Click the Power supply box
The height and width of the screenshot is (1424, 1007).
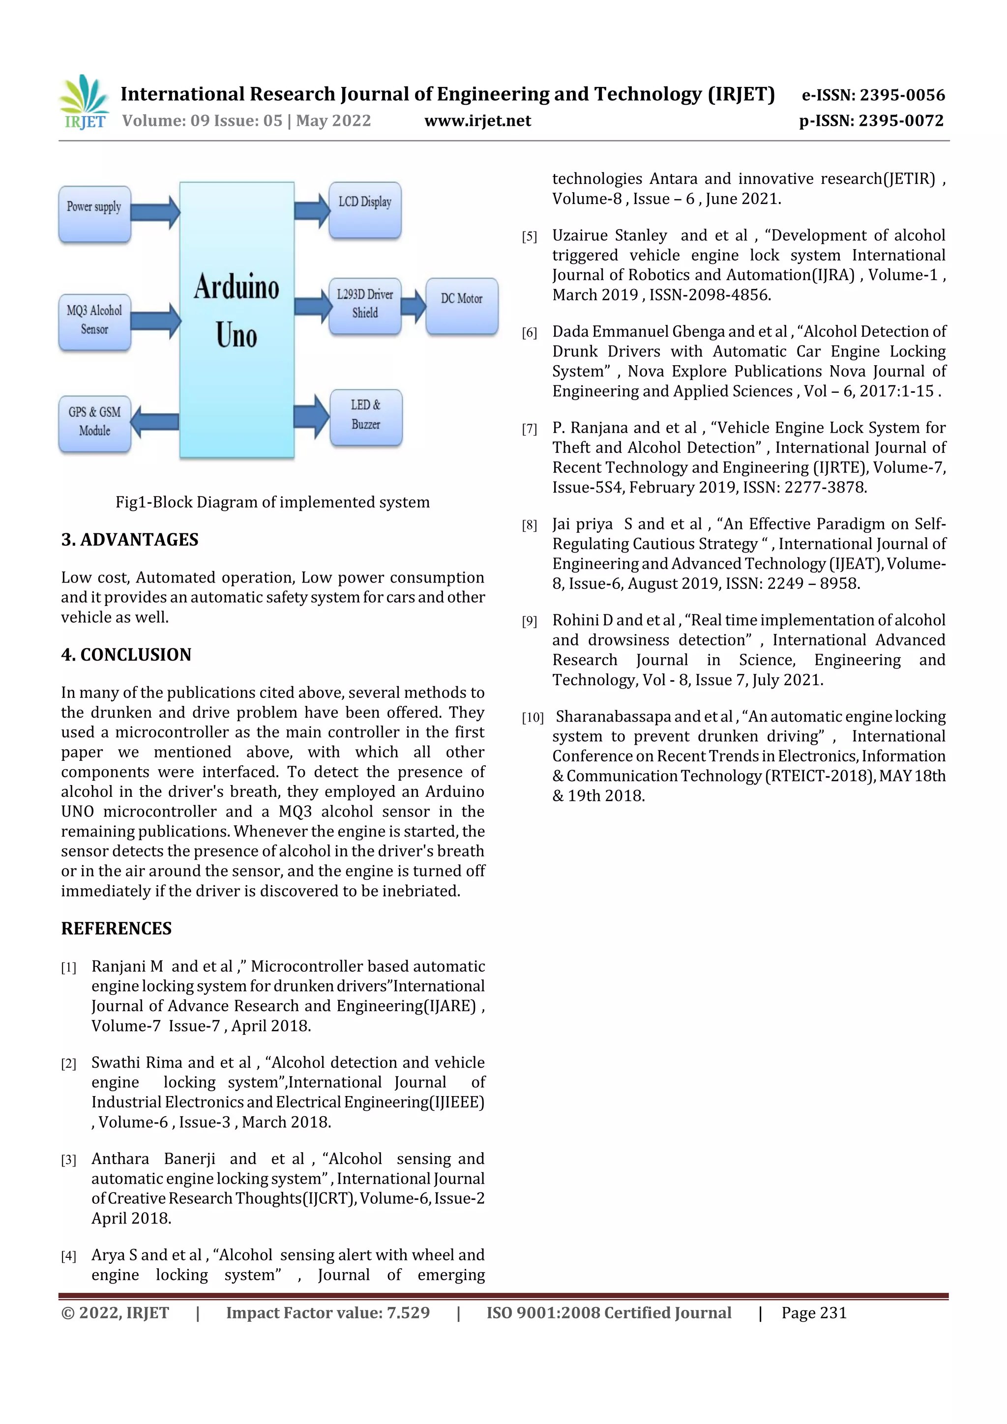coord(94,214)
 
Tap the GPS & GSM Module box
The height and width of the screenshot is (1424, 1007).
coord(94,423)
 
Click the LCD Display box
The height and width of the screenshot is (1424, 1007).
coord(365,209)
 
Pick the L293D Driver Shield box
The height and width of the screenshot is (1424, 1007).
coord(365,305)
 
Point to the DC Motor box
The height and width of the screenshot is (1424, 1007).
coord(462,305)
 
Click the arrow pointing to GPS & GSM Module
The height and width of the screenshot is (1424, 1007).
coord(155,422)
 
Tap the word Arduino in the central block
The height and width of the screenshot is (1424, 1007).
coord(237,287)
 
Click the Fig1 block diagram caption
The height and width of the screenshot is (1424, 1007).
coord(272,502)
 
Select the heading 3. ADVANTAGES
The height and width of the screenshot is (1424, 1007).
coord(130,540)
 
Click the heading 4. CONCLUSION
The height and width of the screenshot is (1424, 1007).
coord(126,654)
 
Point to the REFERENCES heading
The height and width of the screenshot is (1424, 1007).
coord(117,929)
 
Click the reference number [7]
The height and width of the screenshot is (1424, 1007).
coord(529,429)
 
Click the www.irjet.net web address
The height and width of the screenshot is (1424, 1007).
coord(478,120)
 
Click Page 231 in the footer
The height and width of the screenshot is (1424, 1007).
coord(813,1312)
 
